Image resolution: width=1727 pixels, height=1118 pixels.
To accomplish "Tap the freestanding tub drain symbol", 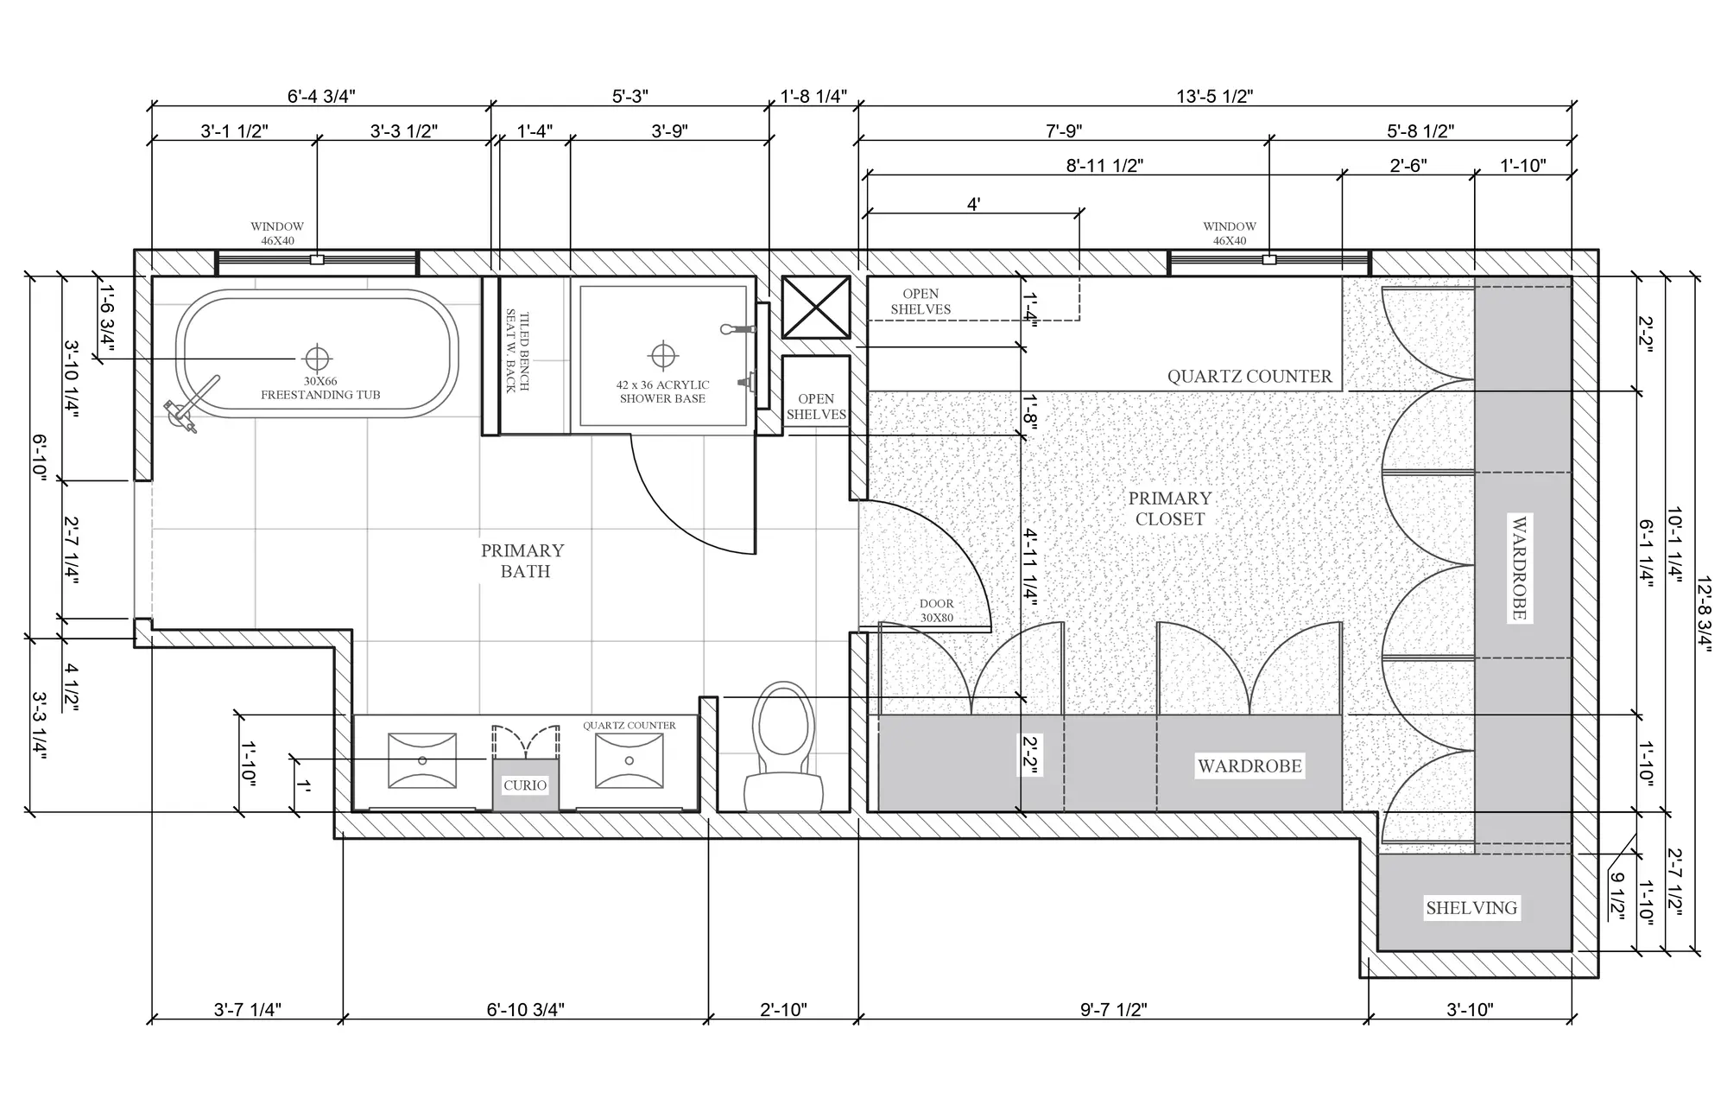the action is click(317, 358).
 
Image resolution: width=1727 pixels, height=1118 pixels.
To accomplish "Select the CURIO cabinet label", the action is click(525, 785).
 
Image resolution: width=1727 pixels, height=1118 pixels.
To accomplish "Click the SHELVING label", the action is click(1471, 908).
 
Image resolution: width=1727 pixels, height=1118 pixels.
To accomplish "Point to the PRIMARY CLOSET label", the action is click(1170, 508).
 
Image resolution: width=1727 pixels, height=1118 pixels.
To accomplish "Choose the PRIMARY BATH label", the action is click(523, 561).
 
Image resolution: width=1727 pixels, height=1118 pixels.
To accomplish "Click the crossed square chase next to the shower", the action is click(816, 308).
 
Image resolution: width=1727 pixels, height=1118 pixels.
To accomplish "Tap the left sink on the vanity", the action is click(422, 760).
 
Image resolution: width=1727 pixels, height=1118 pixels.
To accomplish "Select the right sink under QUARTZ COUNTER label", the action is click(629, 760).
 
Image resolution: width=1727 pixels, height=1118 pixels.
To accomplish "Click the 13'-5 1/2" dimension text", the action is click(1214, 96).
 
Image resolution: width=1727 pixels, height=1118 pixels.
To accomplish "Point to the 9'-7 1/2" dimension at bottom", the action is click(1114, 1009).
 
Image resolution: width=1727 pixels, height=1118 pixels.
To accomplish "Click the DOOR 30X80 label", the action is click(937, 611).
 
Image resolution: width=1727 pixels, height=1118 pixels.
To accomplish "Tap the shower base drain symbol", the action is click(663, 356).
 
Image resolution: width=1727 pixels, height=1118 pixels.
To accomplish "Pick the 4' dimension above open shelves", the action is click(973, 204).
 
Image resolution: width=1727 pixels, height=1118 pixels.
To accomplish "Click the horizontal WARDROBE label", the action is click(1249, 765).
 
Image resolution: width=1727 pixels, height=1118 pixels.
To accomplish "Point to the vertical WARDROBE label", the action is click(1519, 569).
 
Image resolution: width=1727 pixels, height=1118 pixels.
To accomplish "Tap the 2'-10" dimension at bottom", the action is click(783, 1009).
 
